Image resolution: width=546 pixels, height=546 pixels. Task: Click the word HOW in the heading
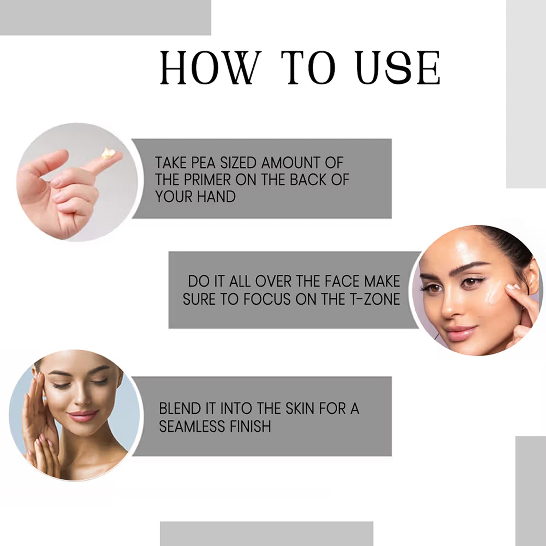[211, 68]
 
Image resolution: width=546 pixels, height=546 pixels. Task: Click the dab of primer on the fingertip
[108, 154]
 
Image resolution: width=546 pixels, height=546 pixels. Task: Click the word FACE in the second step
[341, 281]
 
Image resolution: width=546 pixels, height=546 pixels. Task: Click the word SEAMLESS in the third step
[191, 426]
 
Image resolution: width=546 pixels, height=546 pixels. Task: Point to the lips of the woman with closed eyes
[82, 415]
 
